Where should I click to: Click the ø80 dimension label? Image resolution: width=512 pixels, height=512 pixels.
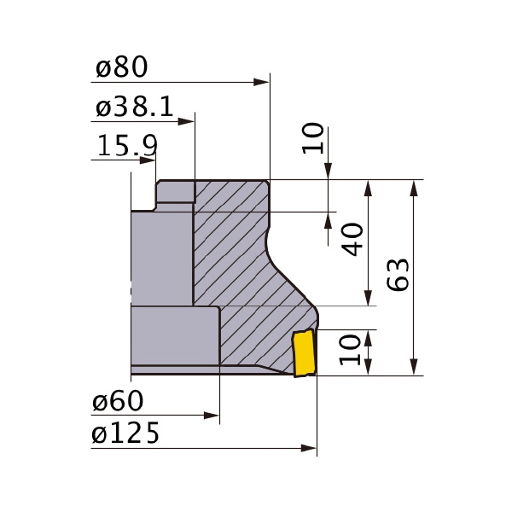[122, 67]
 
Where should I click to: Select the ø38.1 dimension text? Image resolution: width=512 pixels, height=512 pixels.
[135, 108]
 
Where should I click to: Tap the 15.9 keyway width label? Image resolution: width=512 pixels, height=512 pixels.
[126, 147]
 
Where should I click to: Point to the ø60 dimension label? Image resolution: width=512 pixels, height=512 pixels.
[119, 401]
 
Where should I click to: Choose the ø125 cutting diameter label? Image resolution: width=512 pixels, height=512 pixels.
[126, 434]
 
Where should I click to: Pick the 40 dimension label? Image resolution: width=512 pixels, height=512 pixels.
[352, 240]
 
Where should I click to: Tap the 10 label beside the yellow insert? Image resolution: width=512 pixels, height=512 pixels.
[351, 350]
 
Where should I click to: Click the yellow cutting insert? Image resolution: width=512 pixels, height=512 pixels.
[303, 354]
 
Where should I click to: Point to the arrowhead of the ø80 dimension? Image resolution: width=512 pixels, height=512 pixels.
[263, 82]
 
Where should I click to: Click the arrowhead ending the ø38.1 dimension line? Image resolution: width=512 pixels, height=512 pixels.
[189, 122]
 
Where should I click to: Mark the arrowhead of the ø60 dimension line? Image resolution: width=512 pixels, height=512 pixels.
[213, 416]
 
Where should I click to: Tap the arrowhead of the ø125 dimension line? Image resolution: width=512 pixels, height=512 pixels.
[310, 448]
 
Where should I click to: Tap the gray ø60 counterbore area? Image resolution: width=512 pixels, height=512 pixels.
[175, 337]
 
